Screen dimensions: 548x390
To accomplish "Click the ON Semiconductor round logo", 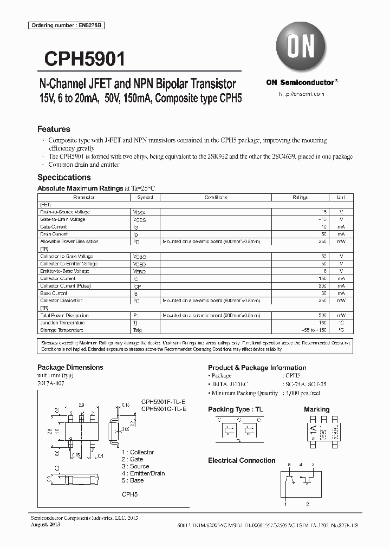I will coord(301,48).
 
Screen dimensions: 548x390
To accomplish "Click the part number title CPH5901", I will coord(81,58).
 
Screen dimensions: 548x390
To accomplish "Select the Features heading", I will coord(54,129).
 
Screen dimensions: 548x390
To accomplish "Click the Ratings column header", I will coord(301,198).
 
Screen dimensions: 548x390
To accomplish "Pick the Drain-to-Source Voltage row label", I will coord(65,212).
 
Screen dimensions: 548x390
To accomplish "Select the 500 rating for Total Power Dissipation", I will coord(324,315).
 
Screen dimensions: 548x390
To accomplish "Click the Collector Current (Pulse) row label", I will coord(66,285).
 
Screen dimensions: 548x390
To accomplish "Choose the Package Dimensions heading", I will coord(70,367).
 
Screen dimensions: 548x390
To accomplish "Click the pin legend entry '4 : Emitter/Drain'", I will coord(143,473).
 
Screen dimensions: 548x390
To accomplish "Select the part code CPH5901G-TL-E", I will coord(164,409).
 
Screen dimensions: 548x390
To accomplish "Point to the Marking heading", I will coord(316,409).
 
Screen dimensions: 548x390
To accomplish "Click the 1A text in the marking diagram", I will coord(312,433).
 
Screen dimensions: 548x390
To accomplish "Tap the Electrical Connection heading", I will coord(242,460).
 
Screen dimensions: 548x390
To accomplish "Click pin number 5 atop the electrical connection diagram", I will coord(289,465).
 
